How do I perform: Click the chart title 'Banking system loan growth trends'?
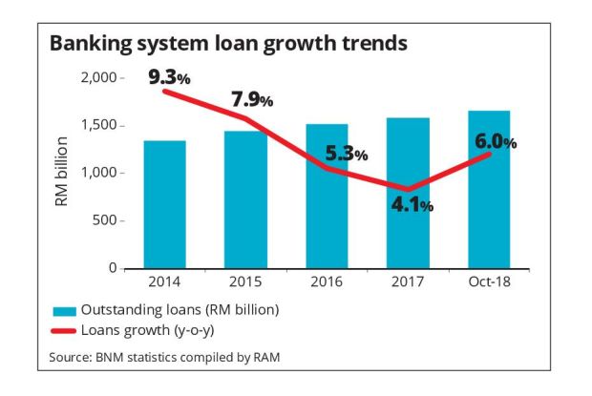pos(228,44)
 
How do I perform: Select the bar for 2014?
pos(166,204)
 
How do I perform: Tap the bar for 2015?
pos(246,199)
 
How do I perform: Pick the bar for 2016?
pos(328,196)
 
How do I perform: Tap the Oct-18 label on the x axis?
pos(490,282)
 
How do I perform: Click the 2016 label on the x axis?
pos(328,282)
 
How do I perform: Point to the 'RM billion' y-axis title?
pos(62,172)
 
